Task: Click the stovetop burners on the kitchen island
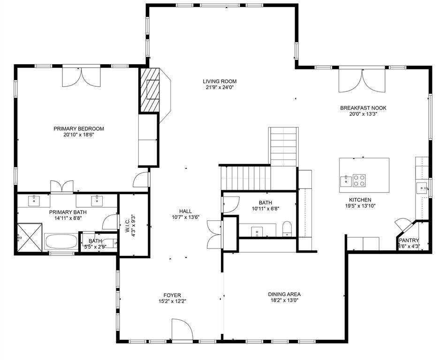[359, 179]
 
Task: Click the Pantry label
[409, 240]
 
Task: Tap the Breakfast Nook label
[363, 108]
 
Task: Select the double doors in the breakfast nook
[362, 79]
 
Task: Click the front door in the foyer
[182, 330]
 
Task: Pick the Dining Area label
[284, 294]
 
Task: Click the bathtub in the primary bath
[61, 242]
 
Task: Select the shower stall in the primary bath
[29, 238]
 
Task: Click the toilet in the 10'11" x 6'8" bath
[288, 229]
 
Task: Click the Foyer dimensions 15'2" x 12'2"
[172, 301]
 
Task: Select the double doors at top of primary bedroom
[81, 77]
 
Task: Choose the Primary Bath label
[68, 212]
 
